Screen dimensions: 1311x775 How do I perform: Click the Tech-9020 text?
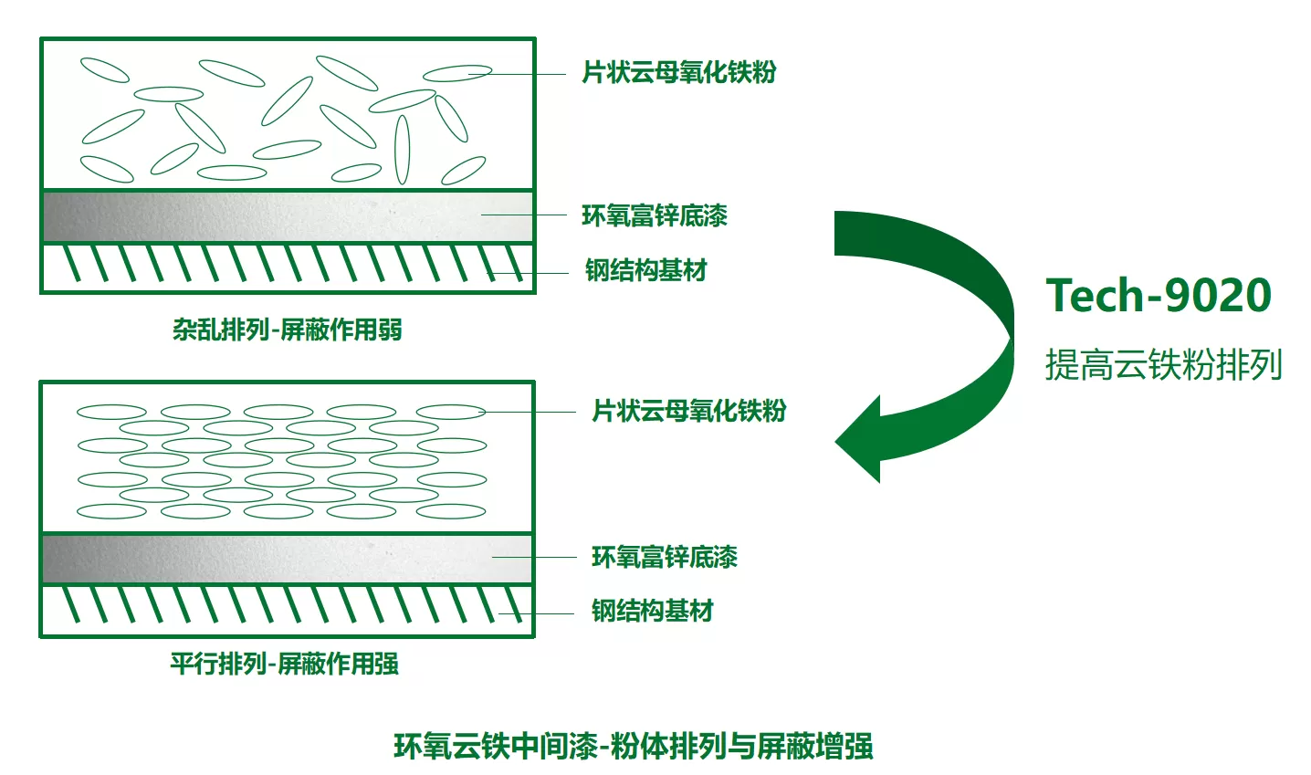coord(1159,295)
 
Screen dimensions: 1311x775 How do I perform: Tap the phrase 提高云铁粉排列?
coord(1163,364)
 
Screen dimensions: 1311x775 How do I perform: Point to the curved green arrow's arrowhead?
coord(859,439)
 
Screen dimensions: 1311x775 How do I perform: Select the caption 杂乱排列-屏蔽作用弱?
coord(288,330)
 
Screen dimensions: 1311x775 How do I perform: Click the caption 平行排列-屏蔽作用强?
coord(285,664)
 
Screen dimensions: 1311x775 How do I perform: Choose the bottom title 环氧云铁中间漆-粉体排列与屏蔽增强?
coord(634,747)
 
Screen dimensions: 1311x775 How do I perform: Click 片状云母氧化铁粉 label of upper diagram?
coord(679,73)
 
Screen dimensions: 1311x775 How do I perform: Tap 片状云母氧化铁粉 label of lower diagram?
coord(689,411)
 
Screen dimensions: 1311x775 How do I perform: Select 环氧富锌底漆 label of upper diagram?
coord(655,215)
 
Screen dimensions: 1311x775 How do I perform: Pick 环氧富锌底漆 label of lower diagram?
coord(665,557)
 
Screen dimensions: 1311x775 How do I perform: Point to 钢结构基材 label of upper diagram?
coord(646,270)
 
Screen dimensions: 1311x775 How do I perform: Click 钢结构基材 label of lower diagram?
coord(653,611)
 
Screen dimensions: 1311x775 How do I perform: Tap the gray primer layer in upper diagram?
coord(288,216)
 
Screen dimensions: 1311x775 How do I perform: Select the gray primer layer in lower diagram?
coord(288,559)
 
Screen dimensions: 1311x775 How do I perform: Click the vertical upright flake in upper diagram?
coord(402,150)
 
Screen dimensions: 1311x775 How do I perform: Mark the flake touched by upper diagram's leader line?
coord(457,73)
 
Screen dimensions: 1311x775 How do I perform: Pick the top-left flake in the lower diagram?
coord(111,412)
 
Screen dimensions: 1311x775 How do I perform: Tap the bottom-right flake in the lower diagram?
coord(451,511)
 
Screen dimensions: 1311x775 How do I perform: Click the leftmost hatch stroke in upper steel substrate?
coord(71,264)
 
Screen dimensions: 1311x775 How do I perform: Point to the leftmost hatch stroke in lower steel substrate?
coord(71,604)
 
